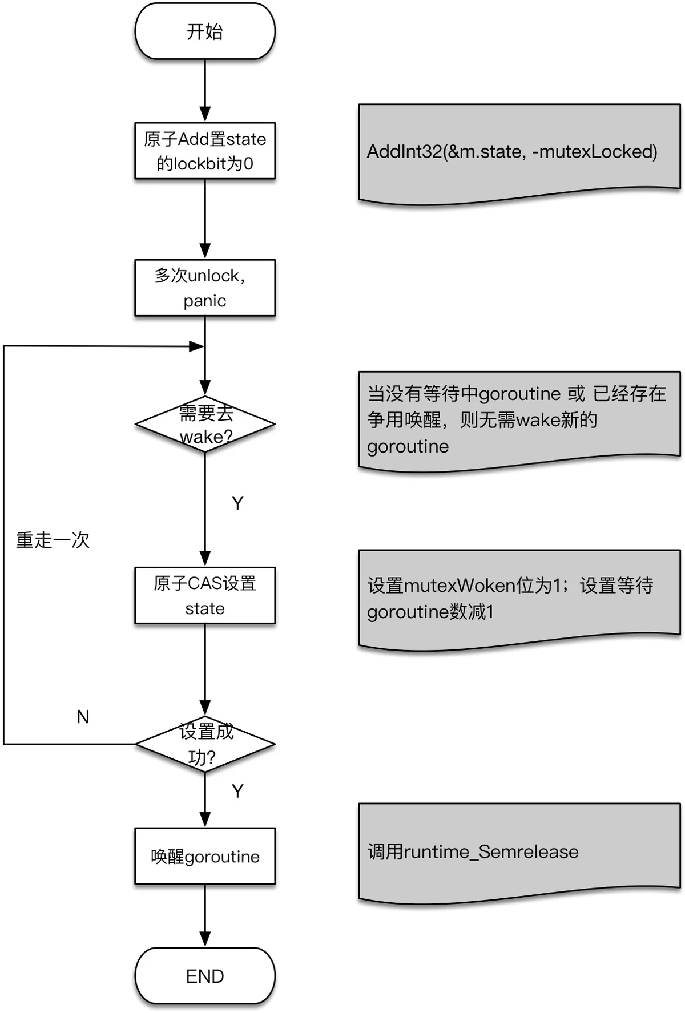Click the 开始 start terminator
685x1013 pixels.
205,31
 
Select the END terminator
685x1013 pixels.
205,976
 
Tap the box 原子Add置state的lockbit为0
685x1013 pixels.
205,151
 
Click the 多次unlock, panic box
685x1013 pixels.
205,288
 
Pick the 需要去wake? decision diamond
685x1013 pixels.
205,424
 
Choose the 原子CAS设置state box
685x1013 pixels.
205,595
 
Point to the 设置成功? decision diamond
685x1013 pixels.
205,744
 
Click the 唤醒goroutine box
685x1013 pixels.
205,856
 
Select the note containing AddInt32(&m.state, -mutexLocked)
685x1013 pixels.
519,152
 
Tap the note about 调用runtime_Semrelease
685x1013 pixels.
519,851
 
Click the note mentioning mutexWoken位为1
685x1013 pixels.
519,598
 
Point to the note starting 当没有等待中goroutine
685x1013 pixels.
519,419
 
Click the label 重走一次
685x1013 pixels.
53,540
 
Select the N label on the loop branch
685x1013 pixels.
83,717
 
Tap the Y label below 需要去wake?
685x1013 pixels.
237,503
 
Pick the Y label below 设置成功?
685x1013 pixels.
237,791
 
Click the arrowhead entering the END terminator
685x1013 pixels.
205,939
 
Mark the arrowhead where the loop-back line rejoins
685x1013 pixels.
196,346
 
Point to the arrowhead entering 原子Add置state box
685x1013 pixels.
205,114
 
